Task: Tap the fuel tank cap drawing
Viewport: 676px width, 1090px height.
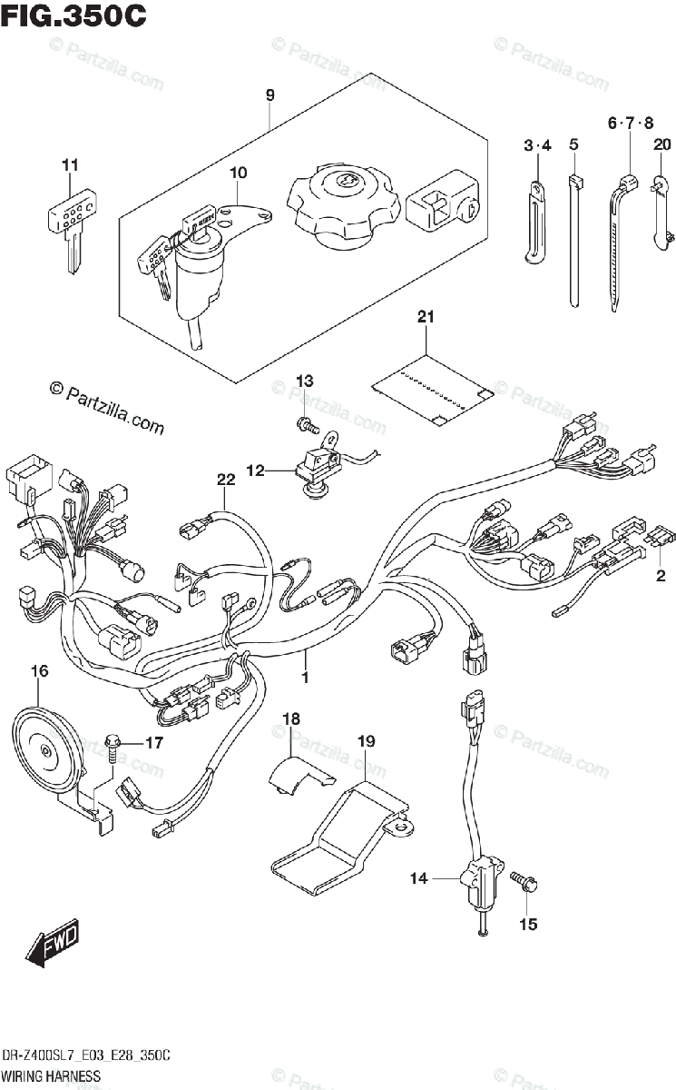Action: pos(344,205)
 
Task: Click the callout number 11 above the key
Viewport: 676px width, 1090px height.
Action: pos(70,165)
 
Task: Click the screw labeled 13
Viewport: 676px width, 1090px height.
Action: pos(307,425)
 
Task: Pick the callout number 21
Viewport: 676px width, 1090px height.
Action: pos(426,317)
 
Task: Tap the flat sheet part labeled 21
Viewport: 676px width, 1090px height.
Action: pos(433,389)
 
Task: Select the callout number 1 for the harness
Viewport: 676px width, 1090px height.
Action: pos(305,677)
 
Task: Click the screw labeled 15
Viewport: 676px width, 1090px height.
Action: pos(524,882)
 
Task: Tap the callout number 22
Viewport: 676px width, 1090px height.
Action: pos(226,480)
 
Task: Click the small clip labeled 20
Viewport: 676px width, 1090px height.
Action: pos(661,213)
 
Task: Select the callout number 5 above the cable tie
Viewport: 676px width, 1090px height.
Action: pos(573,144)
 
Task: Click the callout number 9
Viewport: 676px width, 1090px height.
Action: pos(270,94)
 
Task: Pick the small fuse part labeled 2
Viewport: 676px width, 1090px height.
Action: pos(661,539)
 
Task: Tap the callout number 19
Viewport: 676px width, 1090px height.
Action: pos(367,741)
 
